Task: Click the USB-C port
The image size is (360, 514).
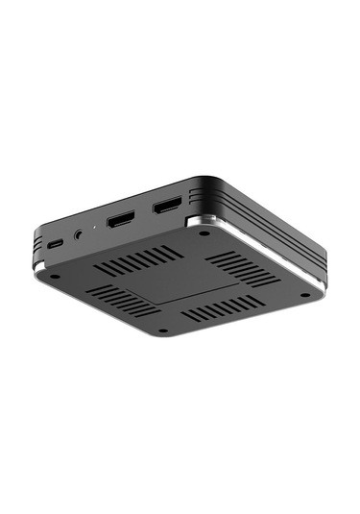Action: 57,244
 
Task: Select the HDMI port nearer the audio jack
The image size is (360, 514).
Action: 123,219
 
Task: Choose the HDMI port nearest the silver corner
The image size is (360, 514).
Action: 168,205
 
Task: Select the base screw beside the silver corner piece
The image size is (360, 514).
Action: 204,233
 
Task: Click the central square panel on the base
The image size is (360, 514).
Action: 183,283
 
